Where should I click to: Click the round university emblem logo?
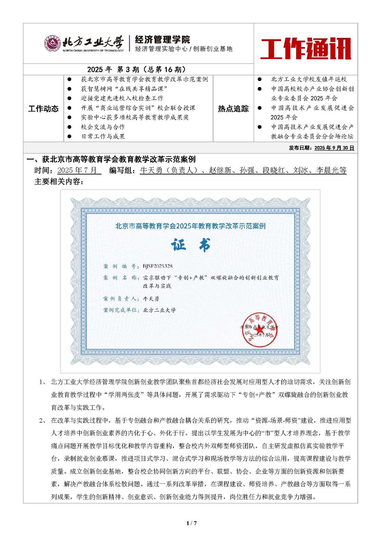(53, 44)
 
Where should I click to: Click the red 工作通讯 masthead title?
(306, 48)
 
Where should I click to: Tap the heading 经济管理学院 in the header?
(162, 40)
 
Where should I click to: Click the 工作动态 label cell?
(43, 109)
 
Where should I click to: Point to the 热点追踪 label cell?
(233, 109)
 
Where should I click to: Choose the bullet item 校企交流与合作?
(103, 127)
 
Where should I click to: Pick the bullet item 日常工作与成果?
(103, 136)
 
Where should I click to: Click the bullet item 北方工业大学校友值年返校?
(309, 79)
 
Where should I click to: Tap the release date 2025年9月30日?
(334, 148)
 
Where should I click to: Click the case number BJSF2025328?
(158, 266)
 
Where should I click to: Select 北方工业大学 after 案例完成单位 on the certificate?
(159, 310)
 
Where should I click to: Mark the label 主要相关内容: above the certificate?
(59, 182)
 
